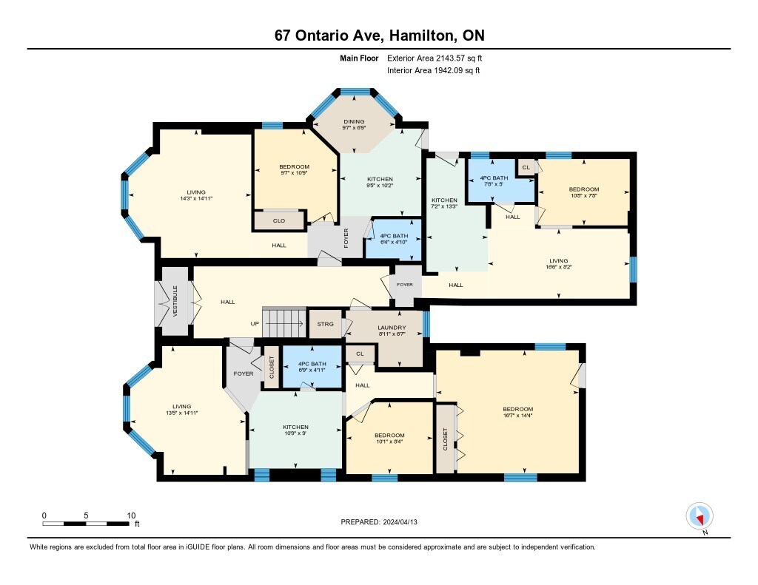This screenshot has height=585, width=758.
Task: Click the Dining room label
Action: click(x=354, y=122)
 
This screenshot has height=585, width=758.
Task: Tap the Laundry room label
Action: click(x=392, y=328)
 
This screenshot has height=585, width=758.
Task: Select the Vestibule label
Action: click(x=175, y=301)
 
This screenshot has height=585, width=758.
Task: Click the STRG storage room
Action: click(x=326, y=324)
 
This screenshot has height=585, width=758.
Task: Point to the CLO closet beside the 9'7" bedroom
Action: click(x=279, y=221)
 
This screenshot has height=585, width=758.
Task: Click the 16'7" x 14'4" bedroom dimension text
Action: click(x=517, y=415)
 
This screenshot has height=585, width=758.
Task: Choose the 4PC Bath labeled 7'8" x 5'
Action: click(x=494, y=180)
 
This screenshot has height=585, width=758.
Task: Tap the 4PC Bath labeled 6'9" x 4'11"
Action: click(x=312, y=367)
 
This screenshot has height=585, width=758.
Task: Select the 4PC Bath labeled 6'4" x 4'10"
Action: click(x=394, y=239)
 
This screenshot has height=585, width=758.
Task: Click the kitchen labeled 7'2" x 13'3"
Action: click(x=444, y=203)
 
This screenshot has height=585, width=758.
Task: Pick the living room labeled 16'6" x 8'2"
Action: click(x=558, y=263)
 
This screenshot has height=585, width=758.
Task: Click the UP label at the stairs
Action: click(x=255, y=324)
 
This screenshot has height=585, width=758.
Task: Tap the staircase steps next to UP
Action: click(x=284, y=323)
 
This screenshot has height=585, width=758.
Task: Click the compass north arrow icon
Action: click(x=700, y=516)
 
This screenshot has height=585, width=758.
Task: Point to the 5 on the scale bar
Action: click(x=86, y=515)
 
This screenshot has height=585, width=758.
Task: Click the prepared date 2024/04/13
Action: click(x=400, y=522)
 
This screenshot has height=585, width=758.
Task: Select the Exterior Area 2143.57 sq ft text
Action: click(x=435, y=58)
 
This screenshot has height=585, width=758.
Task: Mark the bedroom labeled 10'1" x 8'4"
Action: click(x=389, y=438)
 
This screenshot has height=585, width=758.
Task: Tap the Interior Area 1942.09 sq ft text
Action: click(x=434, y=70)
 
